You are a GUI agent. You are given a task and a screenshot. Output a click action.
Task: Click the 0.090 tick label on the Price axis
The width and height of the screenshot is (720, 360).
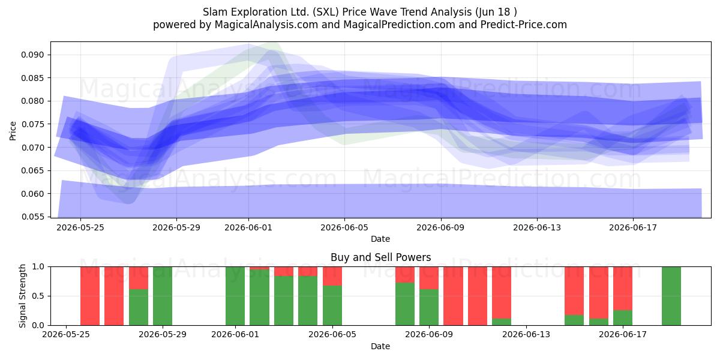tap(32, 55)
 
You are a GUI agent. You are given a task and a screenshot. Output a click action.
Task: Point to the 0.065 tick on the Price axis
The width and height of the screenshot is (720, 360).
tap(32, 170)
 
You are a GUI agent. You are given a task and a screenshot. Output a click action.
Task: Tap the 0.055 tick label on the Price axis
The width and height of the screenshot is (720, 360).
tap(32, 217)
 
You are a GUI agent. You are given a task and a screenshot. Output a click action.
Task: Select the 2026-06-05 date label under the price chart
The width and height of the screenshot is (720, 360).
tap(344, 227)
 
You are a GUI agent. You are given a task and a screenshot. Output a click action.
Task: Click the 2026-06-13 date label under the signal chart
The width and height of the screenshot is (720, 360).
tap(526, 335)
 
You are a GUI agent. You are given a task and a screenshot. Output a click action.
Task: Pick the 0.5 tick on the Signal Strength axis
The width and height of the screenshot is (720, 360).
tap(38, 296)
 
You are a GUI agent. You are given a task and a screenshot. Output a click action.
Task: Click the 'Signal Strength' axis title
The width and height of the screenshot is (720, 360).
tap(22, 296)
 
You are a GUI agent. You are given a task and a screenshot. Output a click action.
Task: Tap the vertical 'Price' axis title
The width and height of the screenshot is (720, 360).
tap(13, 131)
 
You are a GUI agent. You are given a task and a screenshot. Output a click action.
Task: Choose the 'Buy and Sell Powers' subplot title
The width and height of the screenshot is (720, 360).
tap(380, 257)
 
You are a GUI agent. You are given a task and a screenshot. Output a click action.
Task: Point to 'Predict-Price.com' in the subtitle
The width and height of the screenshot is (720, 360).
tap(524, 25)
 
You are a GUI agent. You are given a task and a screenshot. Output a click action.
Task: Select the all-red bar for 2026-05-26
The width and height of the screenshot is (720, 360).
tap(89, 296)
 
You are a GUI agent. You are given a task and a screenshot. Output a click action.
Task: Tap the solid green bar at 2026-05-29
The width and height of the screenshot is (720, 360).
tap(163, 296)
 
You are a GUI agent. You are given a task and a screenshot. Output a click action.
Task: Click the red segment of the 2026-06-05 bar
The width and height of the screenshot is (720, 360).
tap(332, 276)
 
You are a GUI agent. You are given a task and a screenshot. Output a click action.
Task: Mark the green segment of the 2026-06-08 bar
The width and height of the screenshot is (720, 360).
tap(405, 304)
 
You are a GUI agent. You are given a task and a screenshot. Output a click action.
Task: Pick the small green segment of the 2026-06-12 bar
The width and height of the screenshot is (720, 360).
tap(502, 322)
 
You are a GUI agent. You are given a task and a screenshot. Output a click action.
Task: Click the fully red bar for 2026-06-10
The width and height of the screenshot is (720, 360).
tap(453, 296)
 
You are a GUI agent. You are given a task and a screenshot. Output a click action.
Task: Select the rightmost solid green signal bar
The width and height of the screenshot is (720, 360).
tap(671, 296)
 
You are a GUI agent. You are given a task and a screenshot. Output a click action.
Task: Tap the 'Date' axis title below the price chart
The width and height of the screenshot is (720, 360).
tap(380, 239)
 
